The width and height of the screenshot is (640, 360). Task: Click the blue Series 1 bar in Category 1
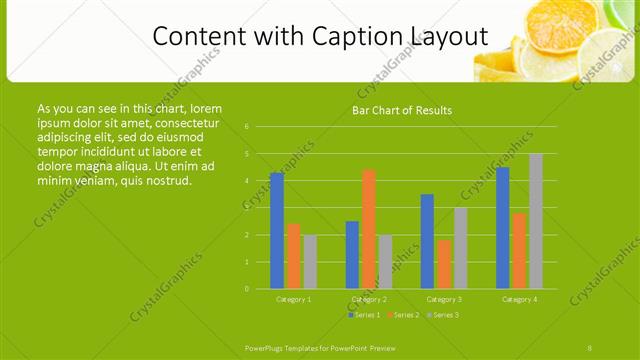click(277, 230)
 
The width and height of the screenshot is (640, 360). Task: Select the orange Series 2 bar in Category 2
click(369, 229)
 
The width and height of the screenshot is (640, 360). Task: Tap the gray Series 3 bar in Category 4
click(536, 221)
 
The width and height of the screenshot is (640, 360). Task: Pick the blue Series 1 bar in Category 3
click(427, 241)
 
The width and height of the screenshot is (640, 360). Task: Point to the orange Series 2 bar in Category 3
click(444, 264)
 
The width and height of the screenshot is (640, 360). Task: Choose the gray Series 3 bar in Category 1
click(310, 262)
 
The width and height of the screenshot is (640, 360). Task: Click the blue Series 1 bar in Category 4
click(502, 228)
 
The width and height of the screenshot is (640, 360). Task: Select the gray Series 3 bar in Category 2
click(385, 262)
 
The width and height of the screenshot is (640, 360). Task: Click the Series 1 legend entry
click(363, 315)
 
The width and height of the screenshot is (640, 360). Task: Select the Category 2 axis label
click(369, 299)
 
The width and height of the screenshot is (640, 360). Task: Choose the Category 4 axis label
click(519, 299)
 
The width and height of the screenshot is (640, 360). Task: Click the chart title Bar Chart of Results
click(402, 110)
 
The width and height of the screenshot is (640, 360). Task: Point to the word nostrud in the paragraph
click(162, 180)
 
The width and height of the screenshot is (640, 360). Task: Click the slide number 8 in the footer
click(590, 347)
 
